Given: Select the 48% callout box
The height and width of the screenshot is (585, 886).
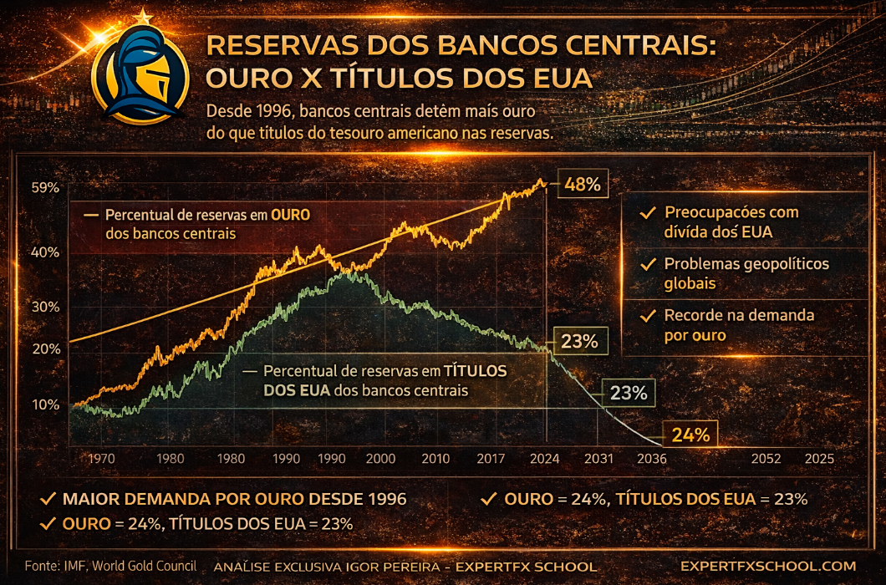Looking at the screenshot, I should click(x=582, y=184).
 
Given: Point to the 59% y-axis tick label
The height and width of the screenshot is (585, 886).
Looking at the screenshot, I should click(x=45, y=188).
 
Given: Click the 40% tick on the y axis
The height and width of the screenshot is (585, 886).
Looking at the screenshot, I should click(x=45, y=252).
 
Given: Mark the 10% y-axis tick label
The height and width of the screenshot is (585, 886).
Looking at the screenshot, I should click(x=45, y=404).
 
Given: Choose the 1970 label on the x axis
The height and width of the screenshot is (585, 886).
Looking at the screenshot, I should click(x=100, y=459).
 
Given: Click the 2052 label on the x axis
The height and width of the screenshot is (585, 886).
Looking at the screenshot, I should click(x=766, y=459).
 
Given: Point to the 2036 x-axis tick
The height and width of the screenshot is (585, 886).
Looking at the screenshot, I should click(x=650, y=459).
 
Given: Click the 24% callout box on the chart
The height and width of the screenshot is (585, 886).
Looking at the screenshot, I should click(x=690, y=435).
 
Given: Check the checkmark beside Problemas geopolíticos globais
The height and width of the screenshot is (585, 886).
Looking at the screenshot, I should click(x=646, y=265).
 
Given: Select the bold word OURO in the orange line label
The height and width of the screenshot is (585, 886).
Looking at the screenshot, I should click(x=290, y=215).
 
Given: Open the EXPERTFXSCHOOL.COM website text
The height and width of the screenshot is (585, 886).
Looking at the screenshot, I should click(x=768, y=566).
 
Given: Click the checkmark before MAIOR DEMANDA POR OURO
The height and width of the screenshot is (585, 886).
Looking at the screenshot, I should click(x=48, y=500).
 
